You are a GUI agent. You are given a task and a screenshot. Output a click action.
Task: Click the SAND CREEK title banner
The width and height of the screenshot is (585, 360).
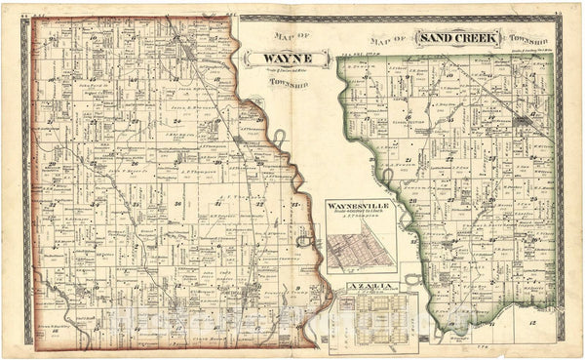[x=458, y=38]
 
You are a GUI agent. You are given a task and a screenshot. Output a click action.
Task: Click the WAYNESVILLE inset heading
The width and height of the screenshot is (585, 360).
[x=360, y=207]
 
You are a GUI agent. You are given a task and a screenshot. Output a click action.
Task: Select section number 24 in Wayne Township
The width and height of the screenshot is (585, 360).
[x=176, y=121]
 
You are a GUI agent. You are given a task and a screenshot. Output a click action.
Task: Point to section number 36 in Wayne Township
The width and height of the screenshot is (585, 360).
[x=178, y=203]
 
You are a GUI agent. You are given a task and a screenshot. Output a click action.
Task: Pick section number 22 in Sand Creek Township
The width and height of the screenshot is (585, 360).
[x=450, y=156]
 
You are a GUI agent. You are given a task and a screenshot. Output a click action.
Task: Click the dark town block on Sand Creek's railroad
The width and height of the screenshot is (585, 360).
[x=524, y=119]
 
